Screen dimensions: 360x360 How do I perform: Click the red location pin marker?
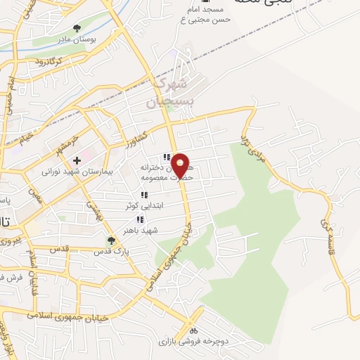click(x=181, y=165)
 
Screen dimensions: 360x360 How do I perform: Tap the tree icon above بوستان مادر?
click(x=77, y=29)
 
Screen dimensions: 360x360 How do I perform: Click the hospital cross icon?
click(x=77, y=161)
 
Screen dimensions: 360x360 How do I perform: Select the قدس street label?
click(x=62, y=249)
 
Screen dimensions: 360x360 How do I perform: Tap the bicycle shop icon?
click(x=193, y=330)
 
